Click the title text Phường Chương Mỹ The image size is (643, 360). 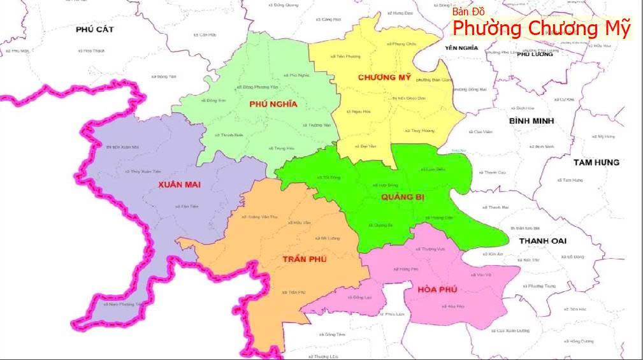542,29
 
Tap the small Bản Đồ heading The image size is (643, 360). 468,12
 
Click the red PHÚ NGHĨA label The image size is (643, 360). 273,105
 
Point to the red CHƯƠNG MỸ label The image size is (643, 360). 384,77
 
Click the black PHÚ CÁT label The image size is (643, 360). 94,29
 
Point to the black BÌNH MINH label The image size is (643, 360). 531,120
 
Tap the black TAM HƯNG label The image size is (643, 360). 596,162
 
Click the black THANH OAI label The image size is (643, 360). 542,241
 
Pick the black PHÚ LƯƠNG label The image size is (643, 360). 534,55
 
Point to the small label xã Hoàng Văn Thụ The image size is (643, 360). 260,217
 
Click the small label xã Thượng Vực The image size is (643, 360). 433,248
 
